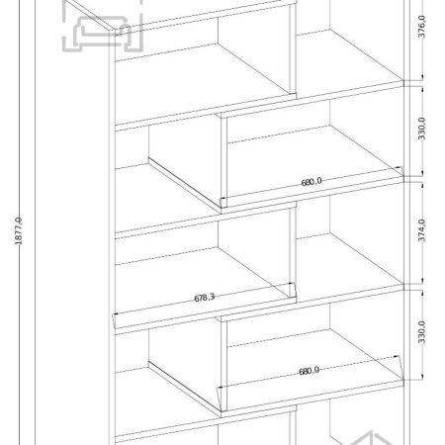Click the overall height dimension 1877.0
coord(19,230)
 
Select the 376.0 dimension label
coord(421,27)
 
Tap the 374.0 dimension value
coord(421,230)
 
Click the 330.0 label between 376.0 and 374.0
coord(421,129)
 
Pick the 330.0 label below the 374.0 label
coord(421,332)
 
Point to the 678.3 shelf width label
coord(205,298)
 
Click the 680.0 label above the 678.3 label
coord(311,182)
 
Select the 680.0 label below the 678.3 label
coord(310,371)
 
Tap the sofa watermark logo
coord(103,27)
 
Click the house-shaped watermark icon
coord(366,438)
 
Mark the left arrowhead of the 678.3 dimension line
coord(116,313)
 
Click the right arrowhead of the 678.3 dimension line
coord(292,283)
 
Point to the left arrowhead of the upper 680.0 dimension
coord(222,198)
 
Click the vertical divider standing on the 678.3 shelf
coord(293,250)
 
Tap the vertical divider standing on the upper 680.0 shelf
coord(223,161)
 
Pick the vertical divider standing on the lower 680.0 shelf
coord(223,365)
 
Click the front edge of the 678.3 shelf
coord(206,315)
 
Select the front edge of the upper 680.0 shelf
coord(312,195)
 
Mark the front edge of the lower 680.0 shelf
coord(312,399)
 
